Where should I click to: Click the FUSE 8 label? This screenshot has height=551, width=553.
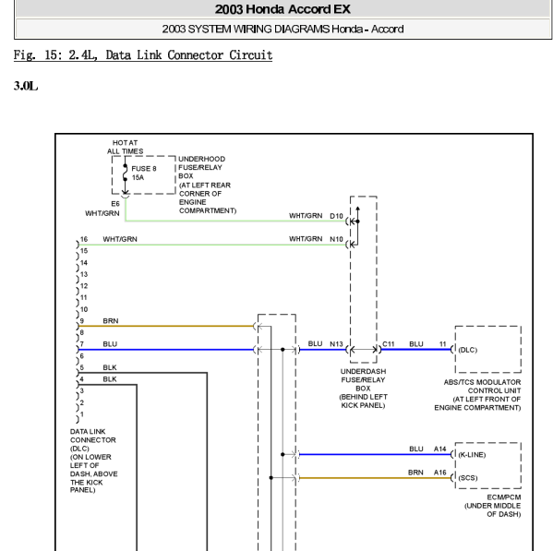coord(144,169)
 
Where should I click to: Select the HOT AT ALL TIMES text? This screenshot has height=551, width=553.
coord(126,147)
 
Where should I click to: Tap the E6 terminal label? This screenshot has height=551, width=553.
coord(115,204)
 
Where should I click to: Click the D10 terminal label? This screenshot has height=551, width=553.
coord(336,216)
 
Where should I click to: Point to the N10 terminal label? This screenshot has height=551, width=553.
coord(336,239)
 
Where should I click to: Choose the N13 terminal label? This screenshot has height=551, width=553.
coord(336,344)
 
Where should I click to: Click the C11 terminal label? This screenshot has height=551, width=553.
coord(389,344)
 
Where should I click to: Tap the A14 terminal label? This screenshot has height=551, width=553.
coord(439,449)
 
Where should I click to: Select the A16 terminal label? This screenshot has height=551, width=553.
coord(439,473)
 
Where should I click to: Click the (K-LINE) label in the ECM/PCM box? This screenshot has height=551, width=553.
coord(472,455)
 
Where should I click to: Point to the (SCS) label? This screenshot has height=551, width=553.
coord(468,478)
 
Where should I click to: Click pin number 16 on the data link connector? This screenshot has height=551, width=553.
coord(84,239)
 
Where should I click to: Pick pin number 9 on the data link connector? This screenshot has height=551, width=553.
coord(82,321)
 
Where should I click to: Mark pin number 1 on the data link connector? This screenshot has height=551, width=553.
coord(82,414)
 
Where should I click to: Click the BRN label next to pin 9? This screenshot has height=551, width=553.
coord(111,321)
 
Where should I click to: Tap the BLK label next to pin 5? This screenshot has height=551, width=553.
coord(110,367)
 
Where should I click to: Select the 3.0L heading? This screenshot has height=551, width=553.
coord(26,86)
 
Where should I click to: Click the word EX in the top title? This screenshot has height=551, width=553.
coord(342,9)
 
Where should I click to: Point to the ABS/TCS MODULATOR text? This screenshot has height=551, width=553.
coord(482,382)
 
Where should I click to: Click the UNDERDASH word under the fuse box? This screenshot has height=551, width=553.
coord(363,371)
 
